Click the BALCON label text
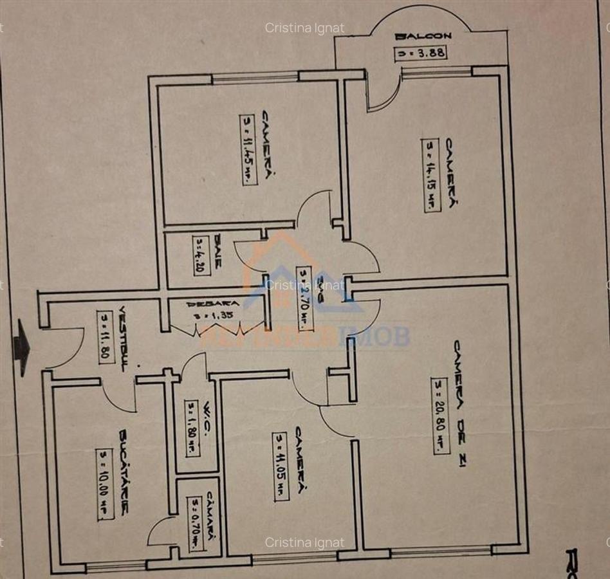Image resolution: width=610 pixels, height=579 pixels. (424, 37)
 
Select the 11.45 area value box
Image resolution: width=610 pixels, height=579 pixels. (248, 150)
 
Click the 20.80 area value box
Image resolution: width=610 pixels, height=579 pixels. (440, 416)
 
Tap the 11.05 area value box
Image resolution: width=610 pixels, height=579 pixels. (281, 466)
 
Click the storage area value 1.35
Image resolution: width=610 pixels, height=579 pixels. (213, 316)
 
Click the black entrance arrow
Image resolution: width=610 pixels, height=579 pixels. (22, 347)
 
